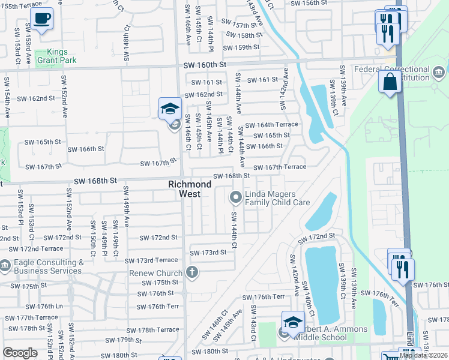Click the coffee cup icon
pos(41,19)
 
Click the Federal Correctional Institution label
pos(401,73)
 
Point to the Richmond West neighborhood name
pos(190,189)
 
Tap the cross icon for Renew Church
pos(192,273)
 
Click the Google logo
pos(20,353)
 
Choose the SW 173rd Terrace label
pos(151,260)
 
